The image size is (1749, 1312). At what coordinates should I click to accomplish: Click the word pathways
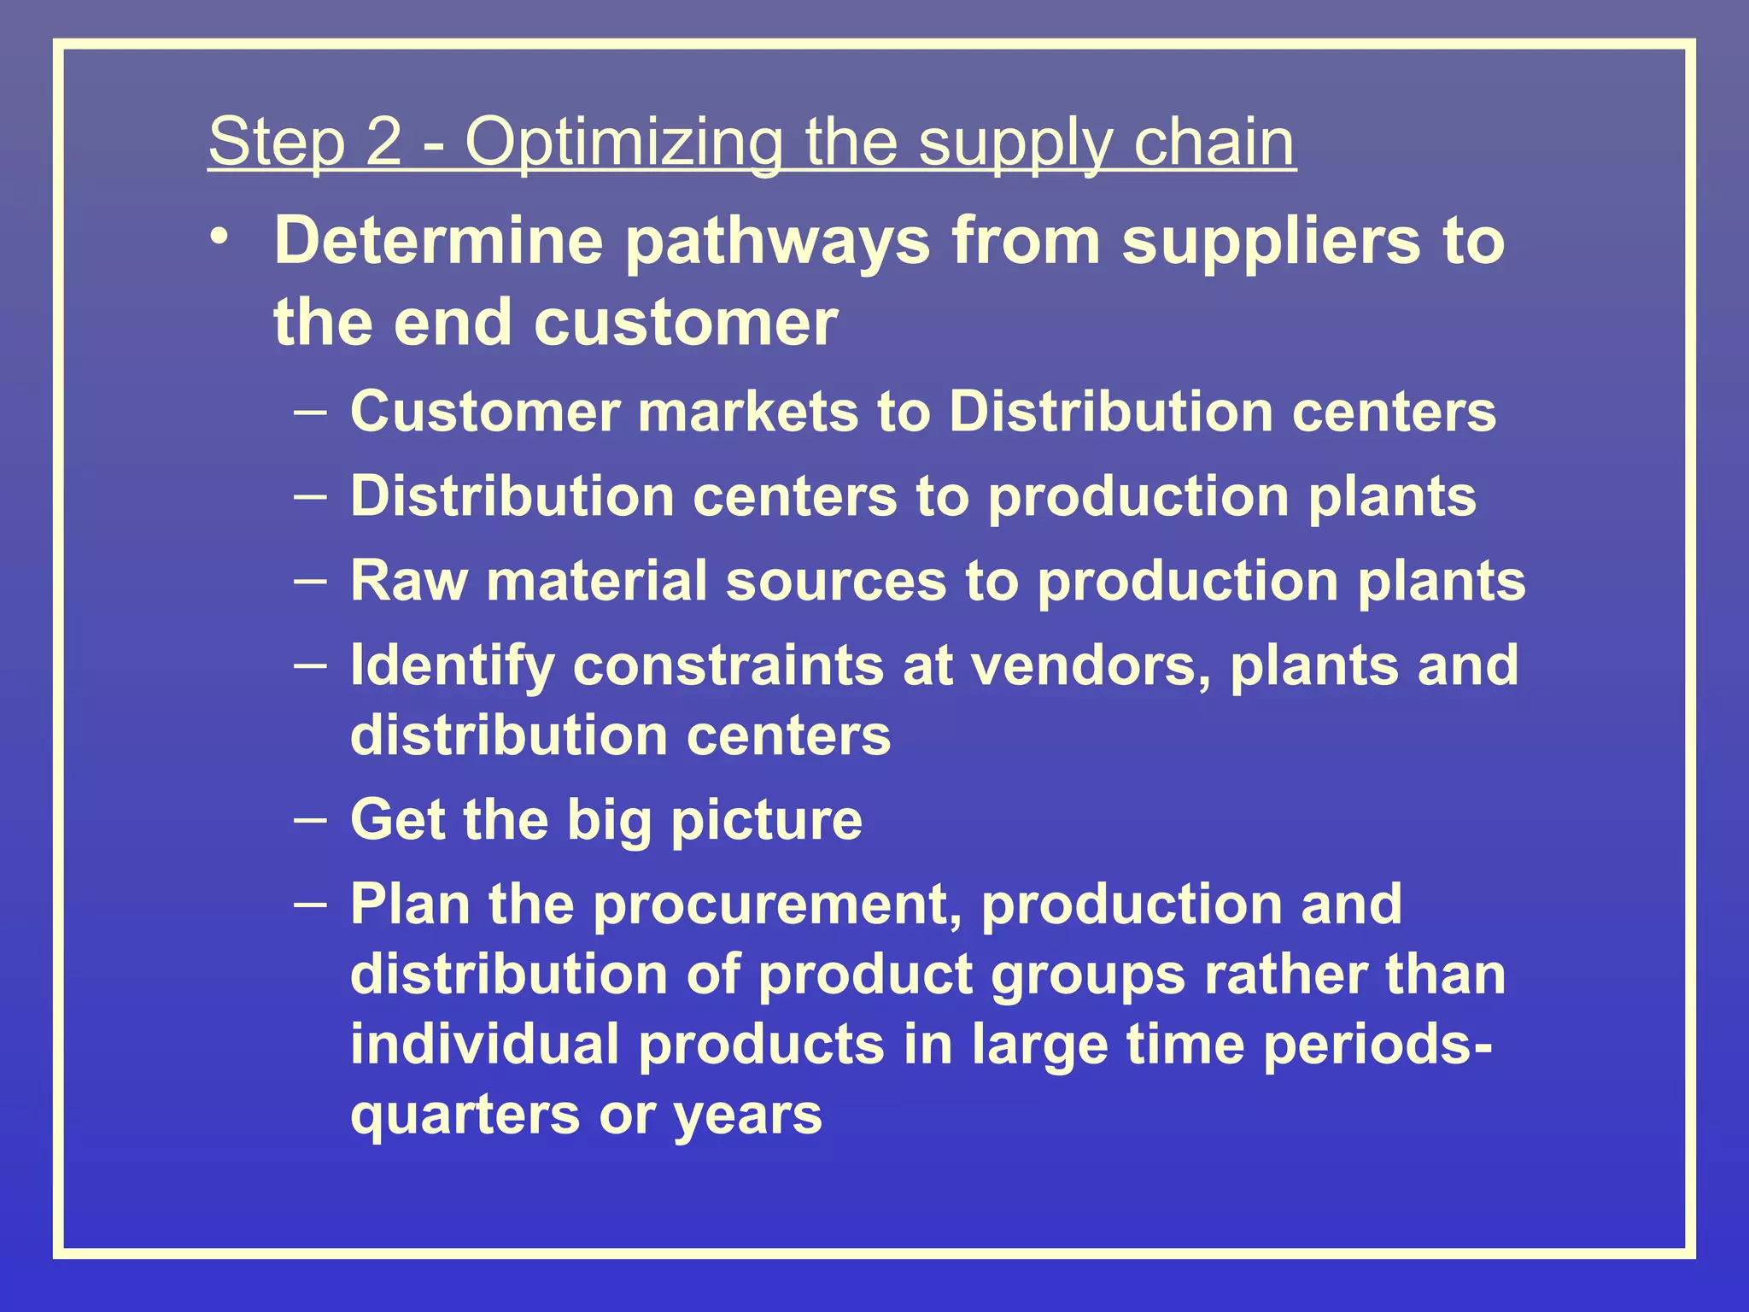(x=778, y=243)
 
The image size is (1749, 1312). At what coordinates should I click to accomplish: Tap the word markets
(x=748, y=412)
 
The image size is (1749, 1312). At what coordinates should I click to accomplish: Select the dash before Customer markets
(x=309, y=412)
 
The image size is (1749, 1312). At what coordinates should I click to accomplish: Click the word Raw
(x=409, y=581)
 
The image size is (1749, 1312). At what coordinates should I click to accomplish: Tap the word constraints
(x=728, y=666)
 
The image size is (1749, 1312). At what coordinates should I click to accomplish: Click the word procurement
(x=777, y=905)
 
